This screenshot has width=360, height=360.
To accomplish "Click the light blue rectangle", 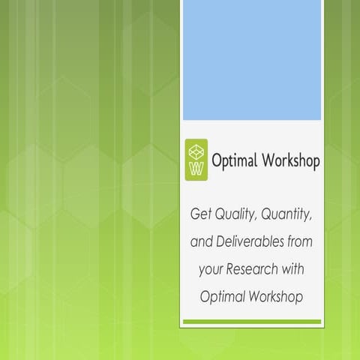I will (x=252, y=60).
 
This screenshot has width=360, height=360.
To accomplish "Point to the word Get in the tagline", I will (x=200, y=216).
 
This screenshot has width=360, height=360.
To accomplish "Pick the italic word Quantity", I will (x=288, y=216).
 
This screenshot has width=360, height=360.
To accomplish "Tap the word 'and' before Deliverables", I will (x=201, y=242).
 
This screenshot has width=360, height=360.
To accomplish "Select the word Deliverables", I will (x=250, y=242).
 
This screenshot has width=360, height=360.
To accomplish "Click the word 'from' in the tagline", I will (x=299, y=242).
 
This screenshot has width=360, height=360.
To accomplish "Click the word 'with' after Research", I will (x=295, y=269).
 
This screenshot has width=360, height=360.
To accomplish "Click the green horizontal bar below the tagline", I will (x=252, y=322).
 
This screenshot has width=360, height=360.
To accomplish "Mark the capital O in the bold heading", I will (x=217, y=160).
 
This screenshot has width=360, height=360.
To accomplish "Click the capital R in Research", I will (x=234, y=269).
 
